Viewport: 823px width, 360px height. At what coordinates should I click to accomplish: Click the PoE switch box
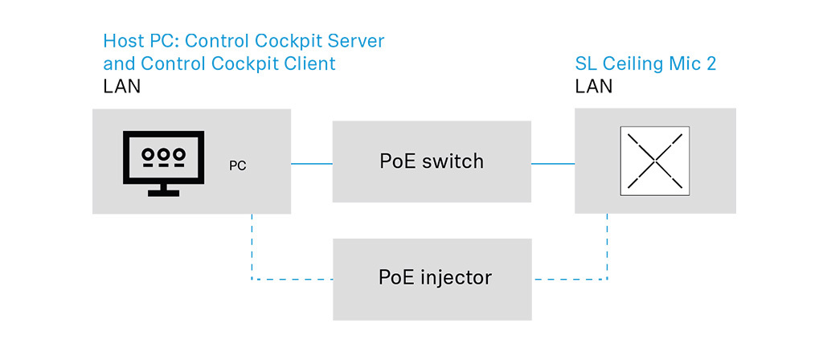pos(432,162)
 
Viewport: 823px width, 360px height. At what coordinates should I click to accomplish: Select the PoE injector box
pos(432,279)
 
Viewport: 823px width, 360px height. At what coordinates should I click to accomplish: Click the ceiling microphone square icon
pos(654,161)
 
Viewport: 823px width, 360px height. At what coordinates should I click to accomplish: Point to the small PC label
pos(238,166)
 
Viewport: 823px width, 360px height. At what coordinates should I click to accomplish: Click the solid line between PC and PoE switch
pos(312,164)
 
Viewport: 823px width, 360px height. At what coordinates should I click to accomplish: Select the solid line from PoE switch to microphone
pos(553,164)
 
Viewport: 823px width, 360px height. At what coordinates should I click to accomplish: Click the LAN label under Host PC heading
pos(122,86)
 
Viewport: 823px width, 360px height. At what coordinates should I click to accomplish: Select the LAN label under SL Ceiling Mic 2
pos(594,86)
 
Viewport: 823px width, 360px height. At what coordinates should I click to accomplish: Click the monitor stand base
pos(163,193)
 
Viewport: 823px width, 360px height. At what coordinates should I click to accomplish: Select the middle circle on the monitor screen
pos(163,154)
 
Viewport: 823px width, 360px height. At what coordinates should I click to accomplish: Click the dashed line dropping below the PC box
pos(252,247)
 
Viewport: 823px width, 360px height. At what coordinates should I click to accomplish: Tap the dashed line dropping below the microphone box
pos(608,246)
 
